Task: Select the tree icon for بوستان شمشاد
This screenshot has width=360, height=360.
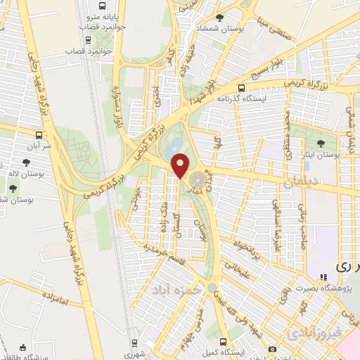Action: [221, 18]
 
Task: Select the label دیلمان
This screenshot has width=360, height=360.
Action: [301, 182]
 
